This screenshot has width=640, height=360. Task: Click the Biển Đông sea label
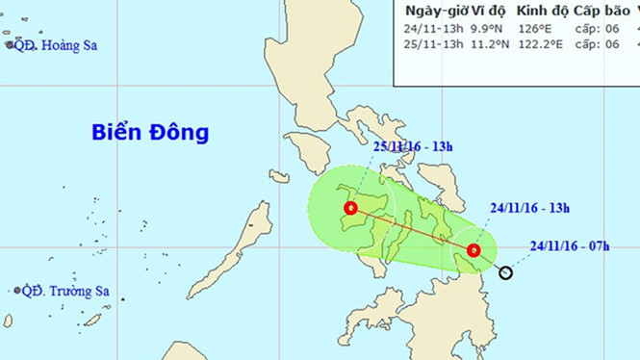point(150,132)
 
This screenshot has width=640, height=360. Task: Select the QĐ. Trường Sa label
point(63,291)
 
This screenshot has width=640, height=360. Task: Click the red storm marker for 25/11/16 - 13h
point(351,208)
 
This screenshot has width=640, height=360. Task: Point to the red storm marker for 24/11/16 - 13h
point(473,251)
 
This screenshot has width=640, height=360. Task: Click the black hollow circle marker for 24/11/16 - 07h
point(507,273)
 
